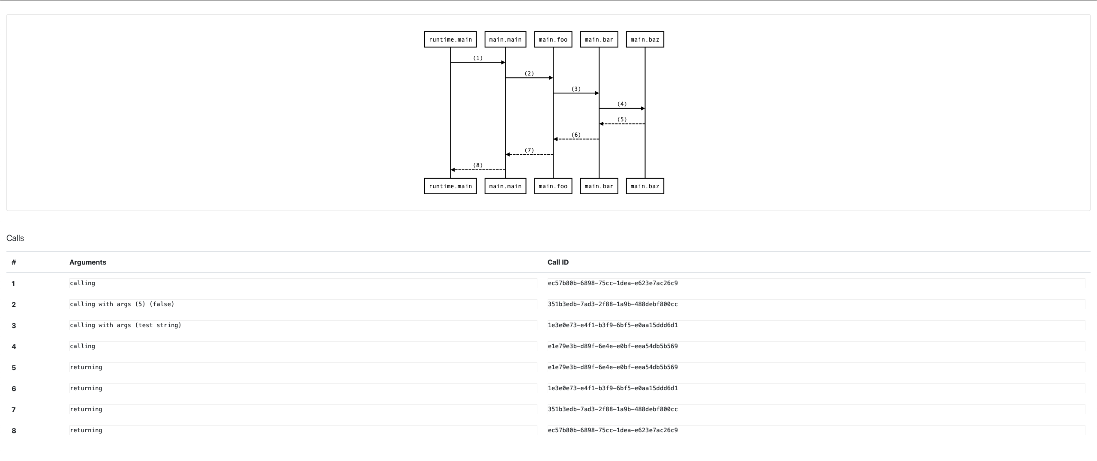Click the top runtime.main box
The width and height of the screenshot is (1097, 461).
point(450,39)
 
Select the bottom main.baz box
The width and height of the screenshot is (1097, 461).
point(644,186)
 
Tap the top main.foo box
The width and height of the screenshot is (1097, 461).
point(553,39)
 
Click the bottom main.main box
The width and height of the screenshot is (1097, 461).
point(505,186)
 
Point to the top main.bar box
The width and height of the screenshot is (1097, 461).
point(599,39)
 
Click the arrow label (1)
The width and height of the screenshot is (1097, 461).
point(477,58)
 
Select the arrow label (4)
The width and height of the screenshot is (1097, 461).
point(622,104)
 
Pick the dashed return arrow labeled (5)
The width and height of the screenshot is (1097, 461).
point(622,124)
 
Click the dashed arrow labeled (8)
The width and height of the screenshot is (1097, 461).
point(478,170)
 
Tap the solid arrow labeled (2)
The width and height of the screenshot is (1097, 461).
point(529,78)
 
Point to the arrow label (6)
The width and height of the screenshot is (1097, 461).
point(576,135)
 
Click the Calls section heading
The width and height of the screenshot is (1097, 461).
point(15,238)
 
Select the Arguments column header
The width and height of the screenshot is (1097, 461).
point(88,262)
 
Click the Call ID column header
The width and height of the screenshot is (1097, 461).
point(558,262)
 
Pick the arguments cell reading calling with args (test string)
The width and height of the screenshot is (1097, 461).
point(126,325)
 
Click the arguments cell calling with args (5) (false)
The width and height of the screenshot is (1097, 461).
point(122,304)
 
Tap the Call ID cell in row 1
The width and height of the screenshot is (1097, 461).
point(613,283)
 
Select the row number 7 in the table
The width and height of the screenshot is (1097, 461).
point(14,410)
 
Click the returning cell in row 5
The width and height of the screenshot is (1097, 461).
point(86,367)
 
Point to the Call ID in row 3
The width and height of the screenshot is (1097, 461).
point(613,325)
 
